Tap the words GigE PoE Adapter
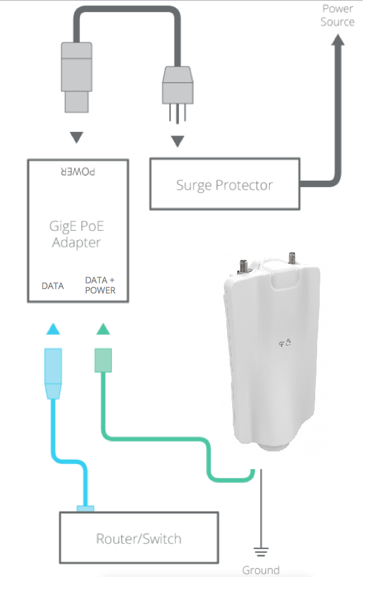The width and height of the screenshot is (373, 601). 77,234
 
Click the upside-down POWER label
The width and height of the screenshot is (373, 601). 78,171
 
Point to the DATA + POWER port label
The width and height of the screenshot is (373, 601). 100,285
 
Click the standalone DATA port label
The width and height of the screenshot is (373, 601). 53,286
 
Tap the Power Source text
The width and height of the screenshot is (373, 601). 337,15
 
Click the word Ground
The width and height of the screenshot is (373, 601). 261,570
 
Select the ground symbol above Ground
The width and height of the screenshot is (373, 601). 261,552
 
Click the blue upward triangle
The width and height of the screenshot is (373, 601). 53,329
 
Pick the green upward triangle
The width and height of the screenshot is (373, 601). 103,329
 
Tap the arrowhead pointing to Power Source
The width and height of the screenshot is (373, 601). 337,40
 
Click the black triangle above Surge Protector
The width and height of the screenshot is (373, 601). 178,141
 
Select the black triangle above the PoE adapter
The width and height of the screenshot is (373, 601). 77,137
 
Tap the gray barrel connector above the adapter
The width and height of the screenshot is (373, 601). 77,77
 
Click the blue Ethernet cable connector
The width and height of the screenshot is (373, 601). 53,373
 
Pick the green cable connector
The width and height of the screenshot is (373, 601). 103,360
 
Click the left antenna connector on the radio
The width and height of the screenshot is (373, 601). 243,266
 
